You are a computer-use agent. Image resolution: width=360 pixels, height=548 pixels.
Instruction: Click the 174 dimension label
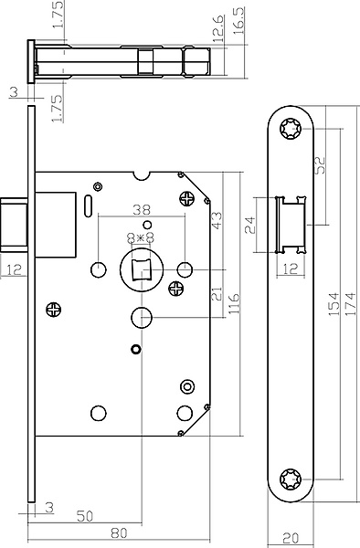[x=350, y=304]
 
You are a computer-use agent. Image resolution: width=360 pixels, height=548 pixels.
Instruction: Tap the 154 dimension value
[x=334, y=304]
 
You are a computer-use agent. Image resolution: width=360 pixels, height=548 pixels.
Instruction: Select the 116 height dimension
[x=234, y=303]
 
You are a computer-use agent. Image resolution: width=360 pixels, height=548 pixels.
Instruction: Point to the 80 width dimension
[x=119, y=533]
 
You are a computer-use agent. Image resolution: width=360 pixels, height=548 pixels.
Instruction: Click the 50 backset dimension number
[x=85, y=516]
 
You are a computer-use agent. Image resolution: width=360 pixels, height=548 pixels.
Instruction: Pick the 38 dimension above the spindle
[x=142, y=210]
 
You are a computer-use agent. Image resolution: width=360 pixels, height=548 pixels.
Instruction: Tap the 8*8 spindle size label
[x=141, y=238]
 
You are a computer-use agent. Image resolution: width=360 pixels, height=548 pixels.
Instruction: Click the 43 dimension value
[x=217, y=220]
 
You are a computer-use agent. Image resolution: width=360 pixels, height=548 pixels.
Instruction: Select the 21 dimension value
[x=217, y=293]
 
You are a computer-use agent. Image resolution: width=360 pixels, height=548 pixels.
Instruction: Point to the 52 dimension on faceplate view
[x=320, y=164]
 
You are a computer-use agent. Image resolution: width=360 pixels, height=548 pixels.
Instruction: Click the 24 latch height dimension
[x=250, y=225]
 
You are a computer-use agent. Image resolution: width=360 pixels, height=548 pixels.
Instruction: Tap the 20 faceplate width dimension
[x=291, y=538]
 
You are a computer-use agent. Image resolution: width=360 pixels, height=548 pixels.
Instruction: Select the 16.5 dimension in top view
[x=239, y=21]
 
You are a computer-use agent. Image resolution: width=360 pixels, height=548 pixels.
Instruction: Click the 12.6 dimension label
[x=218, y=29]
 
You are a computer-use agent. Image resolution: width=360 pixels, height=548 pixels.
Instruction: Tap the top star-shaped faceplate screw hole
[x=291, y=129]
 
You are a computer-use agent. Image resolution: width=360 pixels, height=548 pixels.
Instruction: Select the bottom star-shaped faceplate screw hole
[x=291, y=479]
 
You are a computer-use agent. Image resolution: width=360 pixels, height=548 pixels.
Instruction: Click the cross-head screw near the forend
[x=54, y=310]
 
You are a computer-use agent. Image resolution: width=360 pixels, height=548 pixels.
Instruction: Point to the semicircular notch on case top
[x=142, y=175]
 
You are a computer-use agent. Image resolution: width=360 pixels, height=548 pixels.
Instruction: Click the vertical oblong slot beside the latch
[x=89, y=205]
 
